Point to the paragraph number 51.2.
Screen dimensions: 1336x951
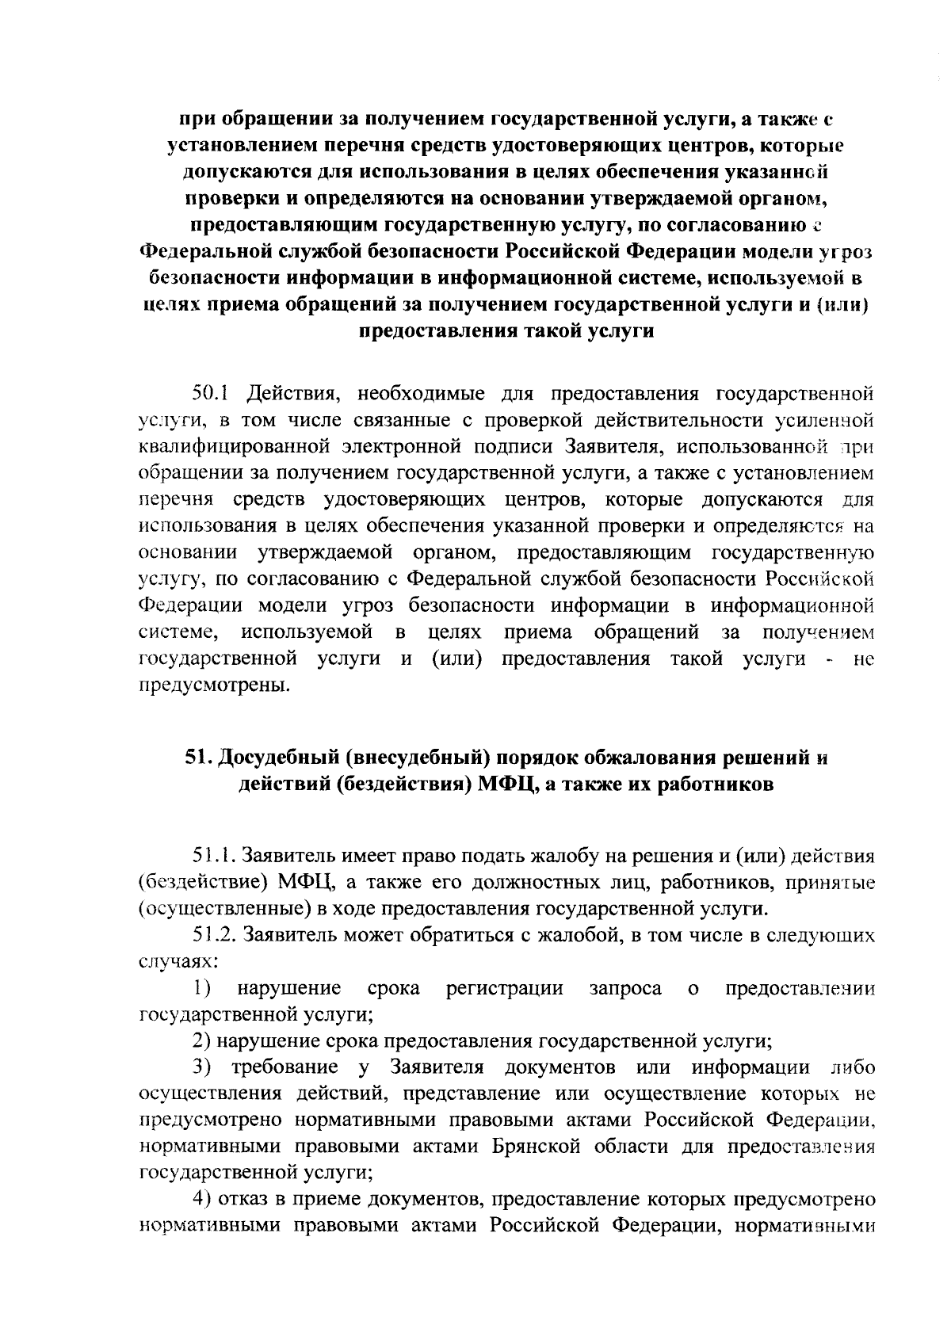214,936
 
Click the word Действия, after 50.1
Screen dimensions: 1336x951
293,393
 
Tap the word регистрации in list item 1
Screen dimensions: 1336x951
506,988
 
